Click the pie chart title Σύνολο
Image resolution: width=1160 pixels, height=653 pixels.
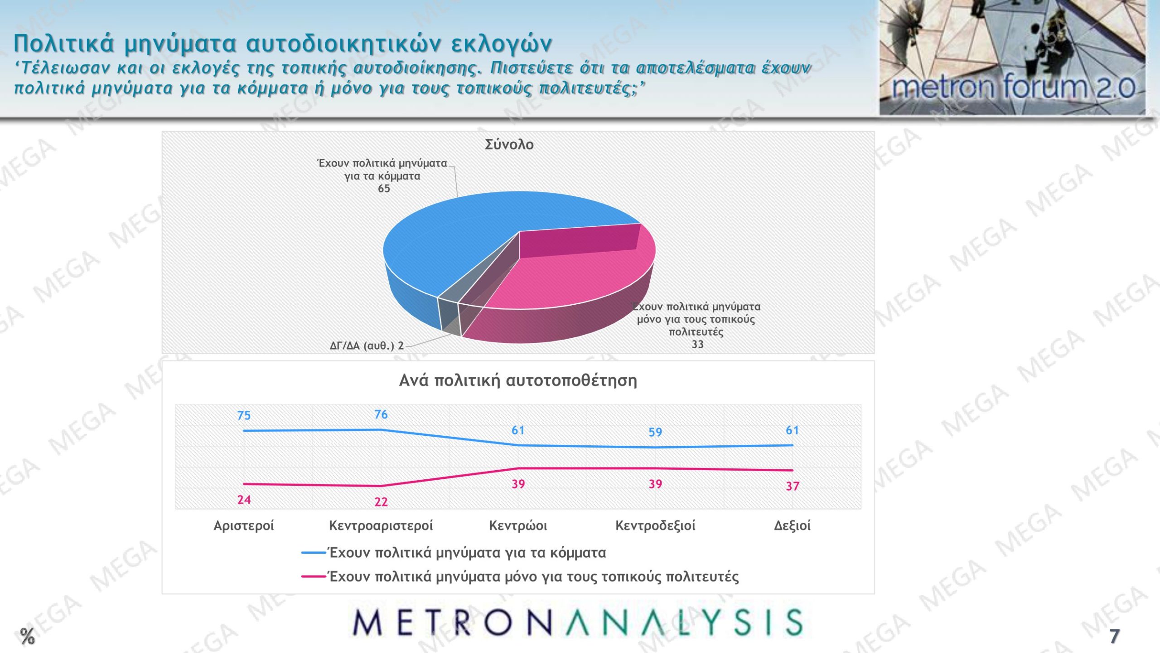(509, 144)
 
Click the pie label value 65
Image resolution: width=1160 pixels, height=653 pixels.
(384, 189)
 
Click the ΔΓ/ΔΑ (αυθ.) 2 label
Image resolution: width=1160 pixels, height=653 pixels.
(367, 346)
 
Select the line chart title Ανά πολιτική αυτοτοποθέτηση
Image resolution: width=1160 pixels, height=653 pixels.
(518, 380)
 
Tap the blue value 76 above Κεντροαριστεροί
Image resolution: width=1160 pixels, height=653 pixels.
(381, 414)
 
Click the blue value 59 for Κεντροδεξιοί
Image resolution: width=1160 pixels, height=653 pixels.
(655, 432)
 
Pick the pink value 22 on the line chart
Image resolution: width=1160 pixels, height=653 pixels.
(381, 502)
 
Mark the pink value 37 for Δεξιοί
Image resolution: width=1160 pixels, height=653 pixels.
(793, 487)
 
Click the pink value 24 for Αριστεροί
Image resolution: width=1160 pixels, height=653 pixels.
(244, 500)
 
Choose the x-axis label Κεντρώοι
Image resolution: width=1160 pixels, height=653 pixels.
(518, 526)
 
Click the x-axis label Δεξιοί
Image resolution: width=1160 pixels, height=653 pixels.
(792, 526)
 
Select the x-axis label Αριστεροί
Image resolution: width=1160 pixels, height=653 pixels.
(244, 526)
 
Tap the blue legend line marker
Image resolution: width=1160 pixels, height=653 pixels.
(314, 553)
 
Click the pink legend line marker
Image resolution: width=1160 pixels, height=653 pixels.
(314, 577)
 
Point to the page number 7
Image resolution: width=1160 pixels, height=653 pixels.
(1114, 636)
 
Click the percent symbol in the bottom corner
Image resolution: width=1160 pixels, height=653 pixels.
(27, 636)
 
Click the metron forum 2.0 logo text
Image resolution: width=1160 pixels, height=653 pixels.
(1014, 87)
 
